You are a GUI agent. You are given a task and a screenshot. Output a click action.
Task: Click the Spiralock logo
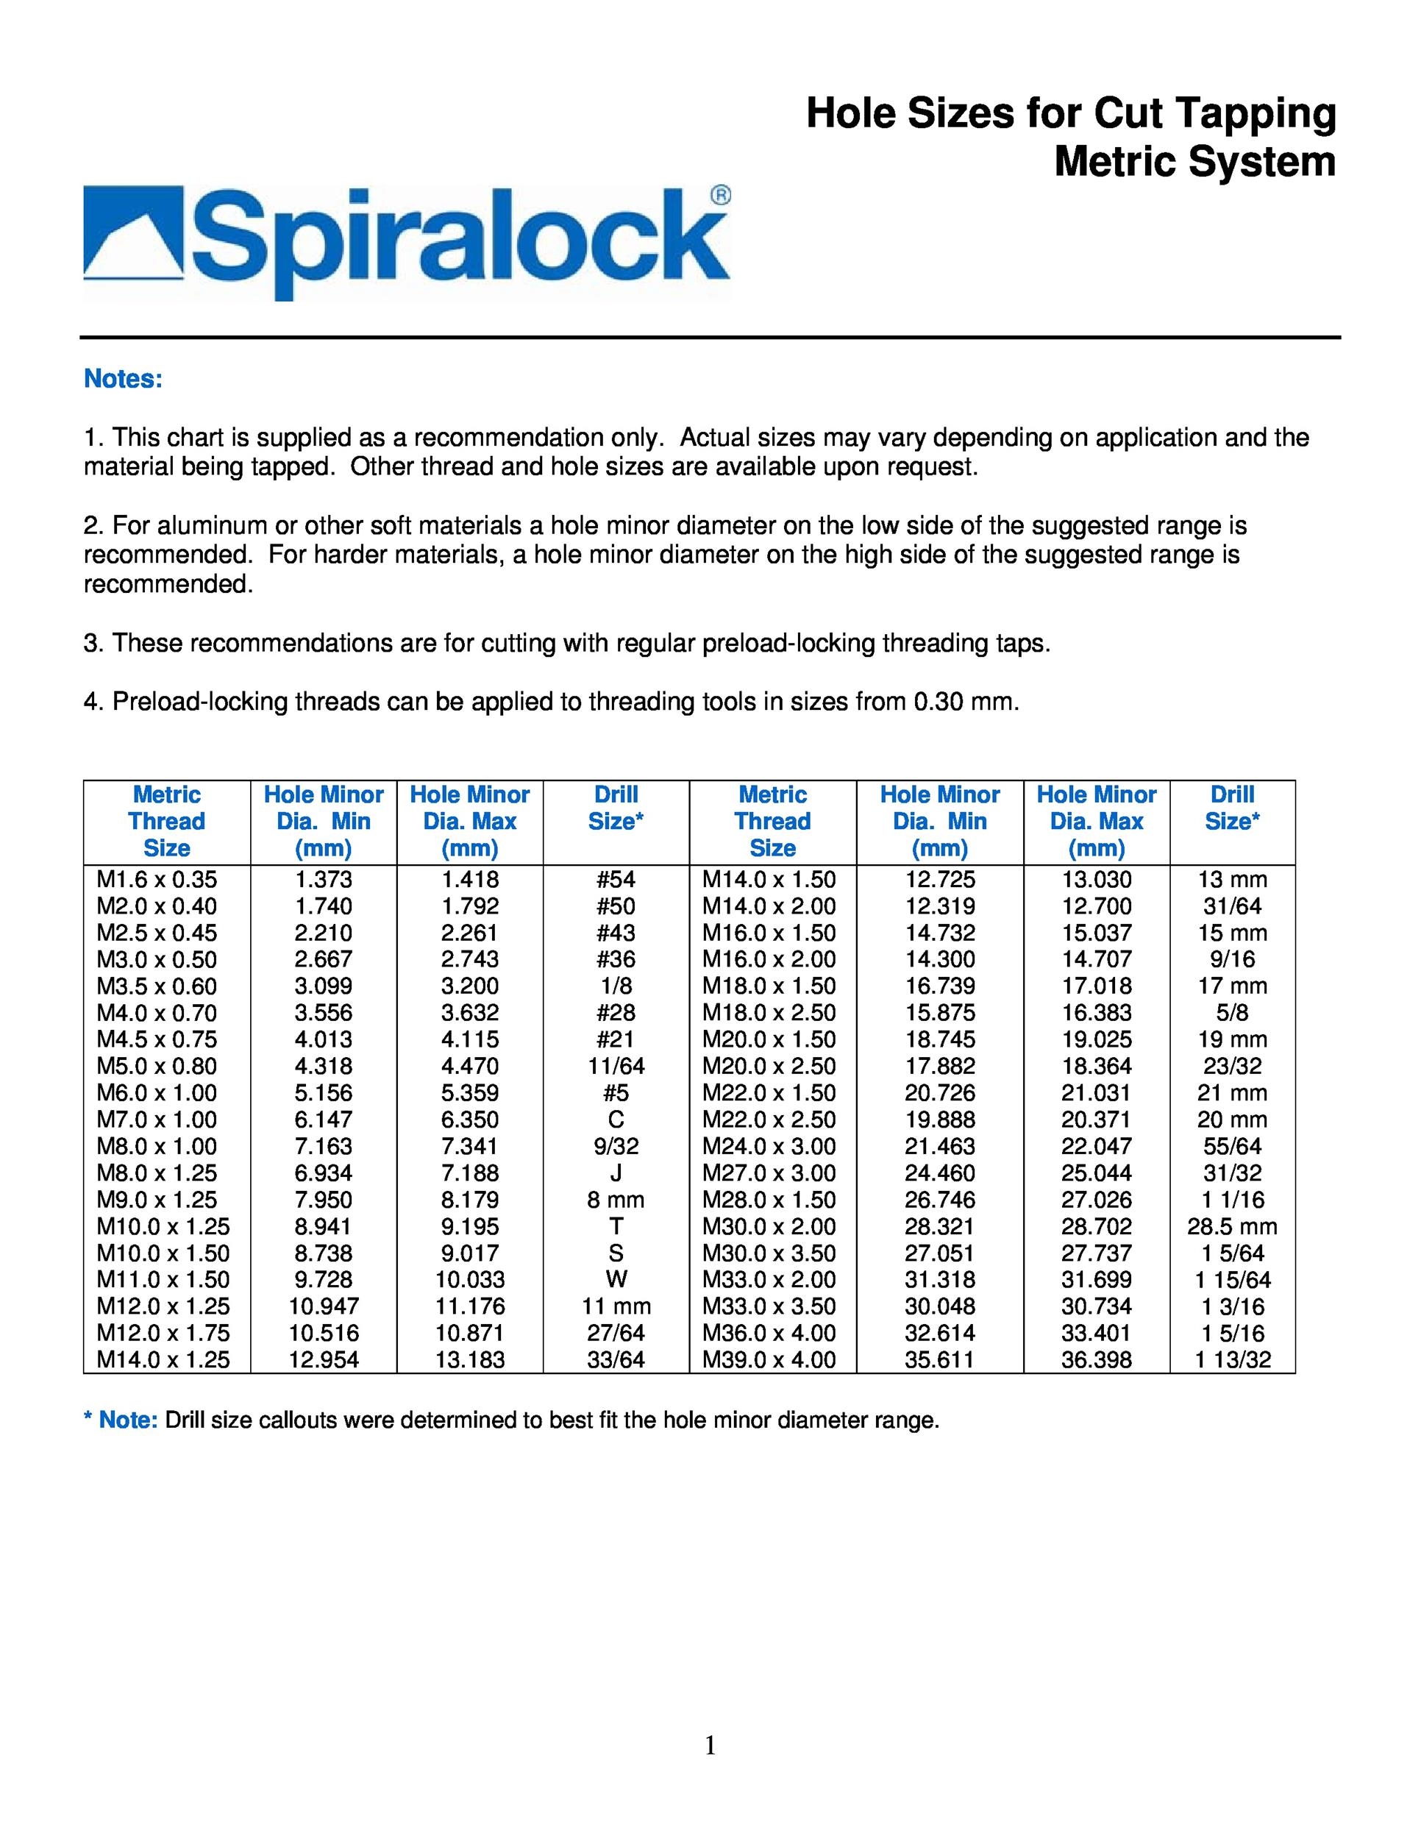point(407,243)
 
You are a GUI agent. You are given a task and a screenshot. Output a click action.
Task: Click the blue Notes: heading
point(123,379)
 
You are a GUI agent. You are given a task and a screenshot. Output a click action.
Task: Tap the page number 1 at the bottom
point(710,1746)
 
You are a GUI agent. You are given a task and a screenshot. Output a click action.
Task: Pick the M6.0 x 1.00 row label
point(157,1093)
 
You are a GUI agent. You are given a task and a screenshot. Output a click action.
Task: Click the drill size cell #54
point(616,880)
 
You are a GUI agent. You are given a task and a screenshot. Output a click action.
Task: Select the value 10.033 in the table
point(470,1280)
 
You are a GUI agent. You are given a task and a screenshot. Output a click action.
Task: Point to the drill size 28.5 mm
point(1231,1227)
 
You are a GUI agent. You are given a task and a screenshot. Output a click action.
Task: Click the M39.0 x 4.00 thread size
point(769,1360)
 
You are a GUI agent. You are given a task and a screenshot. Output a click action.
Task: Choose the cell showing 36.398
point(1096,1360)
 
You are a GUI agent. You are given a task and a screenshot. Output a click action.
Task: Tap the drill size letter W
point(616,1280)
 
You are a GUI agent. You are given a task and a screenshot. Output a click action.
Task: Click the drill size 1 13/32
point(1231,1360)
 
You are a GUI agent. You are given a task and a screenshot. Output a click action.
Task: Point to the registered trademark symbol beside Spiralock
point(721,196)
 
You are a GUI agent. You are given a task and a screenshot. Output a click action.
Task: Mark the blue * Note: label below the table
point(121,1421)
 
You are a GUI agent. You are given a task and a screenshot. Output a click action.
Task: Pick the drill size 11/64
point(616,1067)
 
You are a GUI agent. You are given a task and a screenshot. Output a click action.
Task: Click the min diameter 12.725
point(939,880)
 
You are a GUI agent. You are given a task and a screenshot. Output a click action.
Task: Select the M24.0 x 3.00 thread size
point(769,1147)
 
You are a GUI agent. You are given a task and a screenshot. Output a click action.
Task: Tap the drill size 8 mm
point(616,1200)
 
